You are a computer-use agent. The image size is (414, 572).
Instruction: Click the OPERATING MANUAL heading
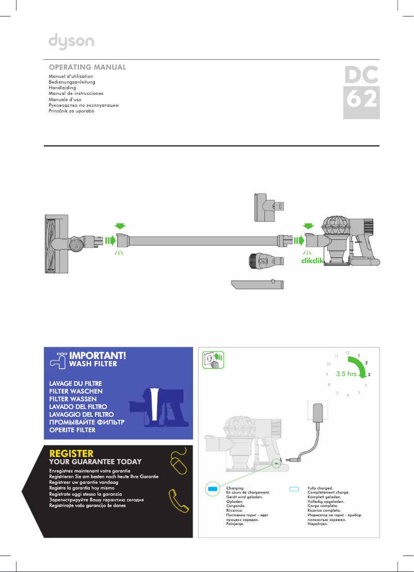coord(87,68)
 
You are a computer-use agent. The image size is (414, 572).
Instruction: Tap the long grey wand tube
coord(201,240)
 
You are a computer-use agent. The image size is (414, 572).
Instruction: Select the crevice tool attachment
coord(258,284)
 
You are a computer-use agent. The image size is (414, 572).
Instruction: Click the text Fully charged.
coord(320,488)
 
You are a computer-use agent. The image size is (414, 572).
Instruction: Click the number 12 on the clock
coord(347,353)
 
